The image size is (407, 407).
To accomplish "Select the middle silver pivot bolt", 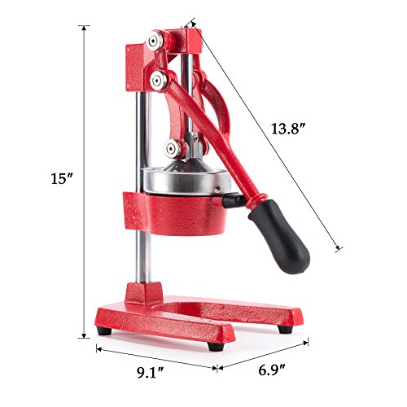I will click(157, 79).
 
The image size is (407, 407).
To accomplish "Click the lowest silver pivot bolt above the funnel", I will click(172, 147).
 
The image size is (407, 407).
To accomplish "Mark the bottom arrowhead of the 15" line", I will click(84, 336).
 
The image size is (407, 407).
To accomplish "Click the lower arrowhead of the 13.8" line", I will click(335, 248).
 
